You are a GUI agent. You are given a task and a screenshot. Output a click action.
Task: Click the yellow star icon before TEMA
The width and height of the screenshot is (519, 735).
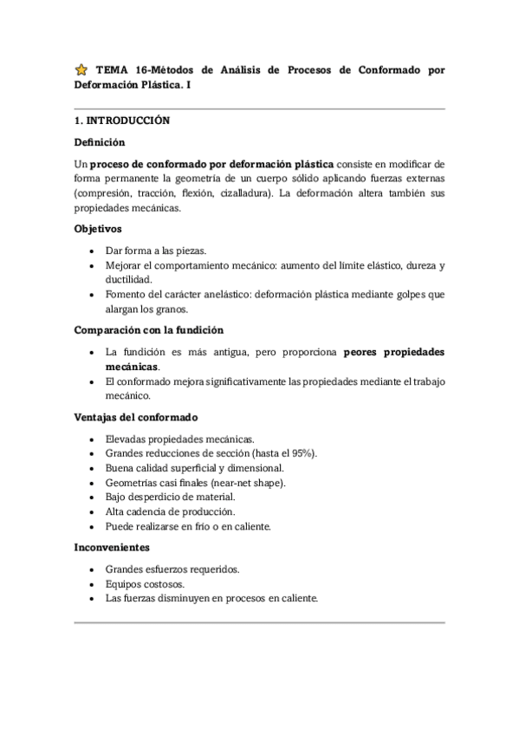tap(81, 69)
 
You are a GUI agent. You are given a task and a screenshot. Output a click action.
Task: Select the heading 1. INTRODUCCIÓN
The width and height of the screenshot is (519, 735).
tap(122, 120)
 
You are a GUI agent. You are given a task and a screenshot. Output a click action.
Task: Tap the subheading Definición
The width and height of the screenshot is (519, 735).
tap(100, 141)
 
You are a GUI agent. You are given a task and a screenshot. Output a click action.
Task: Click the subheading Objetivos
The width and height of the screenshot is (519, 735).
tap(98, 230)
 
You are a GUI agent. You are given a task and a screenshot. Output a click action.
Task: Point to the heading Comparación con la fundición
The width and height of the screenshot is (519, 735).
tap(149, 330)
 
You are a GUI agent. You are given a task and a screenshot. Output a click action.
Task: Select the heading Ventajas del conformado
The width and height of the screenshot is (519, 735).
tap(136, 418)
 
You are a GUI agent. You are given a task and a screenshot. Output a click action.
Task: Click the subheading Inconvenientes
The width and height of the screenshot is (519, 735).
tap(113, 548)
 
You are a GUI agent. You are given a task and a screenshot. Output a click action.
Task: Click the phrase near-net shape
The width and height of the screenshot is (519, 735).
tap(253, 483)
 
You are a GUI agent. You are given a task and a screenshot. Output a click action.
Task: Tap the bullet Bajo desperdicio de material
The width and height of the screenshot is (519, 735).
tap(170, 497)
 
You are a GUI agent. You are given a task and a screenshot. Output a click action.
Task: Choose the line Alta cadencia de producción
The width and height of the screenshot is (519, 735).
tap(169, 511)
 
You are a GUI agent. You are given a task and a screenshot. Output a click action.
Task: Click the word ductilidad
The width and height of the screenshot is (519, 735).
tap(128, 279)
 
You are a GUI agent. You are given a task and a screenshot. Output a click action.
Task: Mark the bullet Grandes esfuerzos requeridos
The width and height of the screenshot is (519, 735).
tap(172, 569)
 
